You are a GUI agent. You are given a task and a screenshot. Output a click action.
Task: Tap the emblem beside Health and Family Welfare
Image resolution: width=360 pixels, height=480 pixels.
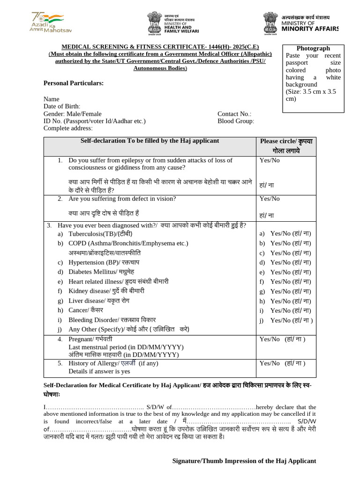(155, 23)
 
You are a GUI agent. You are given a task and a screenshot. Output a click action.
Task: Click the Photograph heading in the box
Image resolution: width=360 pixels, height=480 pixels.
(313, 48)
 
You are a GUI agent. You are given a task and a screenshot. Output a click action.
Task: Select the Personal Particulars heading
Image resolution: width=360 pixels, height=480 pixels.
(74, 83)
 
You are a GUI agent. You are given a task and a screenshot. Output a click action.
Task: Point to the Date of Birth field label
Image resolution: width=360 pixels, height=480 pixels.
(62, 106)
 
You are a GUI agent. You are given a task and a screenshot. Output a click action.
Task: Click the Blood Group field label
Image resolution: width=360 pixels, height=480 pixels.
(236, 121)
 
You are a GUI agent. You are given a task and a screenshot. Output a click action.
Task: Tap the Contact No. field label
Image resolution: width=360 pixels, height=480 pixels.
(234, 114)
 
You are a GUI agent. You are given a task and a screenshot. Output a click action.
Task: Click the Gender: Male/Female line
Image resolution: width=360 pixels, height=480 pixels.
(72, 114)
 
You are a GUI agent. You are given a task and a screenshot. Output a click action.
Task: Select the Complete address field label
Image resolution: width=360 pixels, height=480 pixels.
(68, 128)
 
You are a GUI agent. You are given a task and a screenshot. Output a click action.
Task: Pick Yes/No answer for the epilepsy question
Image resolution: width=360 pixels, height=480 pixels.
(270, 160)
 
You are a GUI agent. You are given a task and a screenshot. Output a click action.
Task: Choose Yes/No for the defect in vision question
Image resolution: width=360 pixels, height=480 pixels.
(270, 199)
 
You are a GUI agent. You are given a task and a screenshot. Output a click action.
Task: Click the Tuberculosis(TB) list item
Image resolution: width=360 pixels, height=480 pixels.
(100, 233)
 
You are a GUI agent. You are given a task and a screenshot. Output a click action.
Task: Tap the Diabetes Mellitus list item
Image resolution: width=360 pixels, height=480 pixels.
(101, 272)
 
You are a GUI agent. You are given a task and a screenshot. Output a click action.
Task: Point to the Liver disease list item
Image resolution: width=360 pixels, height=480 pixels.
(99, 300)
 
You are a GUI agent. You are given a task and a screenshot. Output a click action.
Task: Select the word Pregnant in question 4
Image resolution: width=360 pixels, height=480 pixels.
(81, 339)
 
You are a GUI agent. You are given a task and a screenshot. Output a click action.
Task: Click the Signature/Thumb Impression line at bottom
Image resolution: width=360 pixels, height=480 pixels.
(244, 461)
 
